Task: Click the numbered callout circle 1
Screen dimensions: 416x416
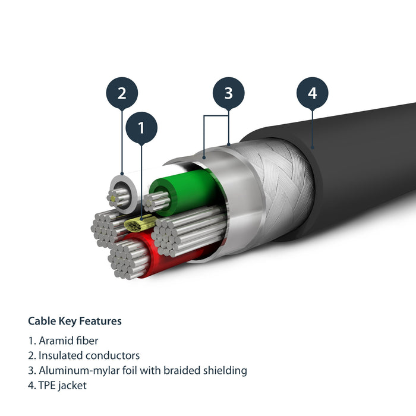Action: (141, 127)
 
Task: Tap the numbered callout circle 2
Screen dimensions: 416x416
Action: (122, 93)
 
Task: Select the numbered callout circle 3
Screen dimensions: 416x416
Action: (229, 93)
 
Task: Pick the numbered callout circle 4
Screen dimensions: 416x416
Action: (313, 93)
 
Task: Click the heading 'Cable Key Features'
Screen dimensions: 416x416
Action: (75, 321)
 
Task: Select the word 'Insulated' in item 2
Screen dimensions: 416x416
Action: (59, 356)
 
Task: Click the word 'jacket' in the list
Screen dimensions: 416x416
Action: (74, 386)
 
